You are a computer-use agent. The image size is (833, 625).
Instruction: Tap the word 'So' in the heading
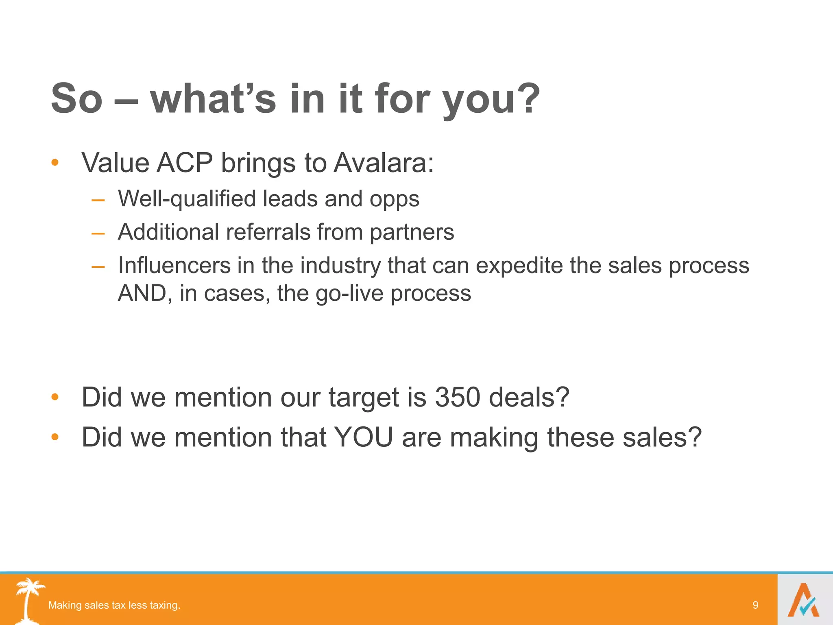pos(76,99)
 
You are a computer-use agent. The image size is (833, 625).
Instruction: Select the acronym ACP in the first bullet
pos(185,163)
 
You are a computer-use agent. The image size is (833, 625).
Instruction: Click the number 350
pos(458,397)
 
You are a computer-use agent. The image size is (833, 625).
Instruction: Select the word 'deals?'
pos(529,397)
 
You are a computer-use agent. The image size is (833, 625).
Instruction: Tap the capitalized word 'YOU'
pos(363,437)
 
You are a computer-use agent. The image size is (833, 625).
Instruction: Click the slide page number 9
pos(755,605)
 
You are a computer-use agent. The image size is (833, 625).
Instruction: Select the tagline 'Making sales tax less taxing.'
pos(114,605)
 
